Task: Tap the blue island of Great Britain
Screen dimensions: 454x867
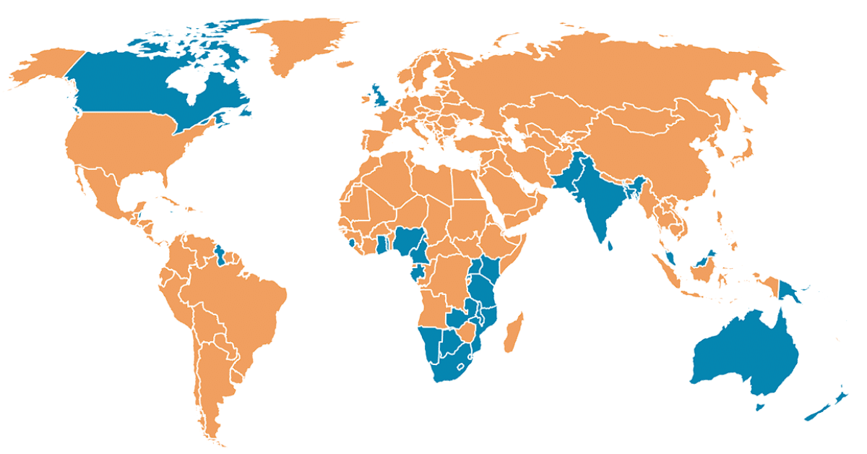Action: [378, 97]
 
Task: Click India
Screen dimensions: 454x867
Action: [596, 199]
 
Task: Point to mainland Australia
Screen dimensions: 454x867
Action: [744, 354]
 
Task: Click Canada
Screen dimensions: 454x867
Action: [130, 87]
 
